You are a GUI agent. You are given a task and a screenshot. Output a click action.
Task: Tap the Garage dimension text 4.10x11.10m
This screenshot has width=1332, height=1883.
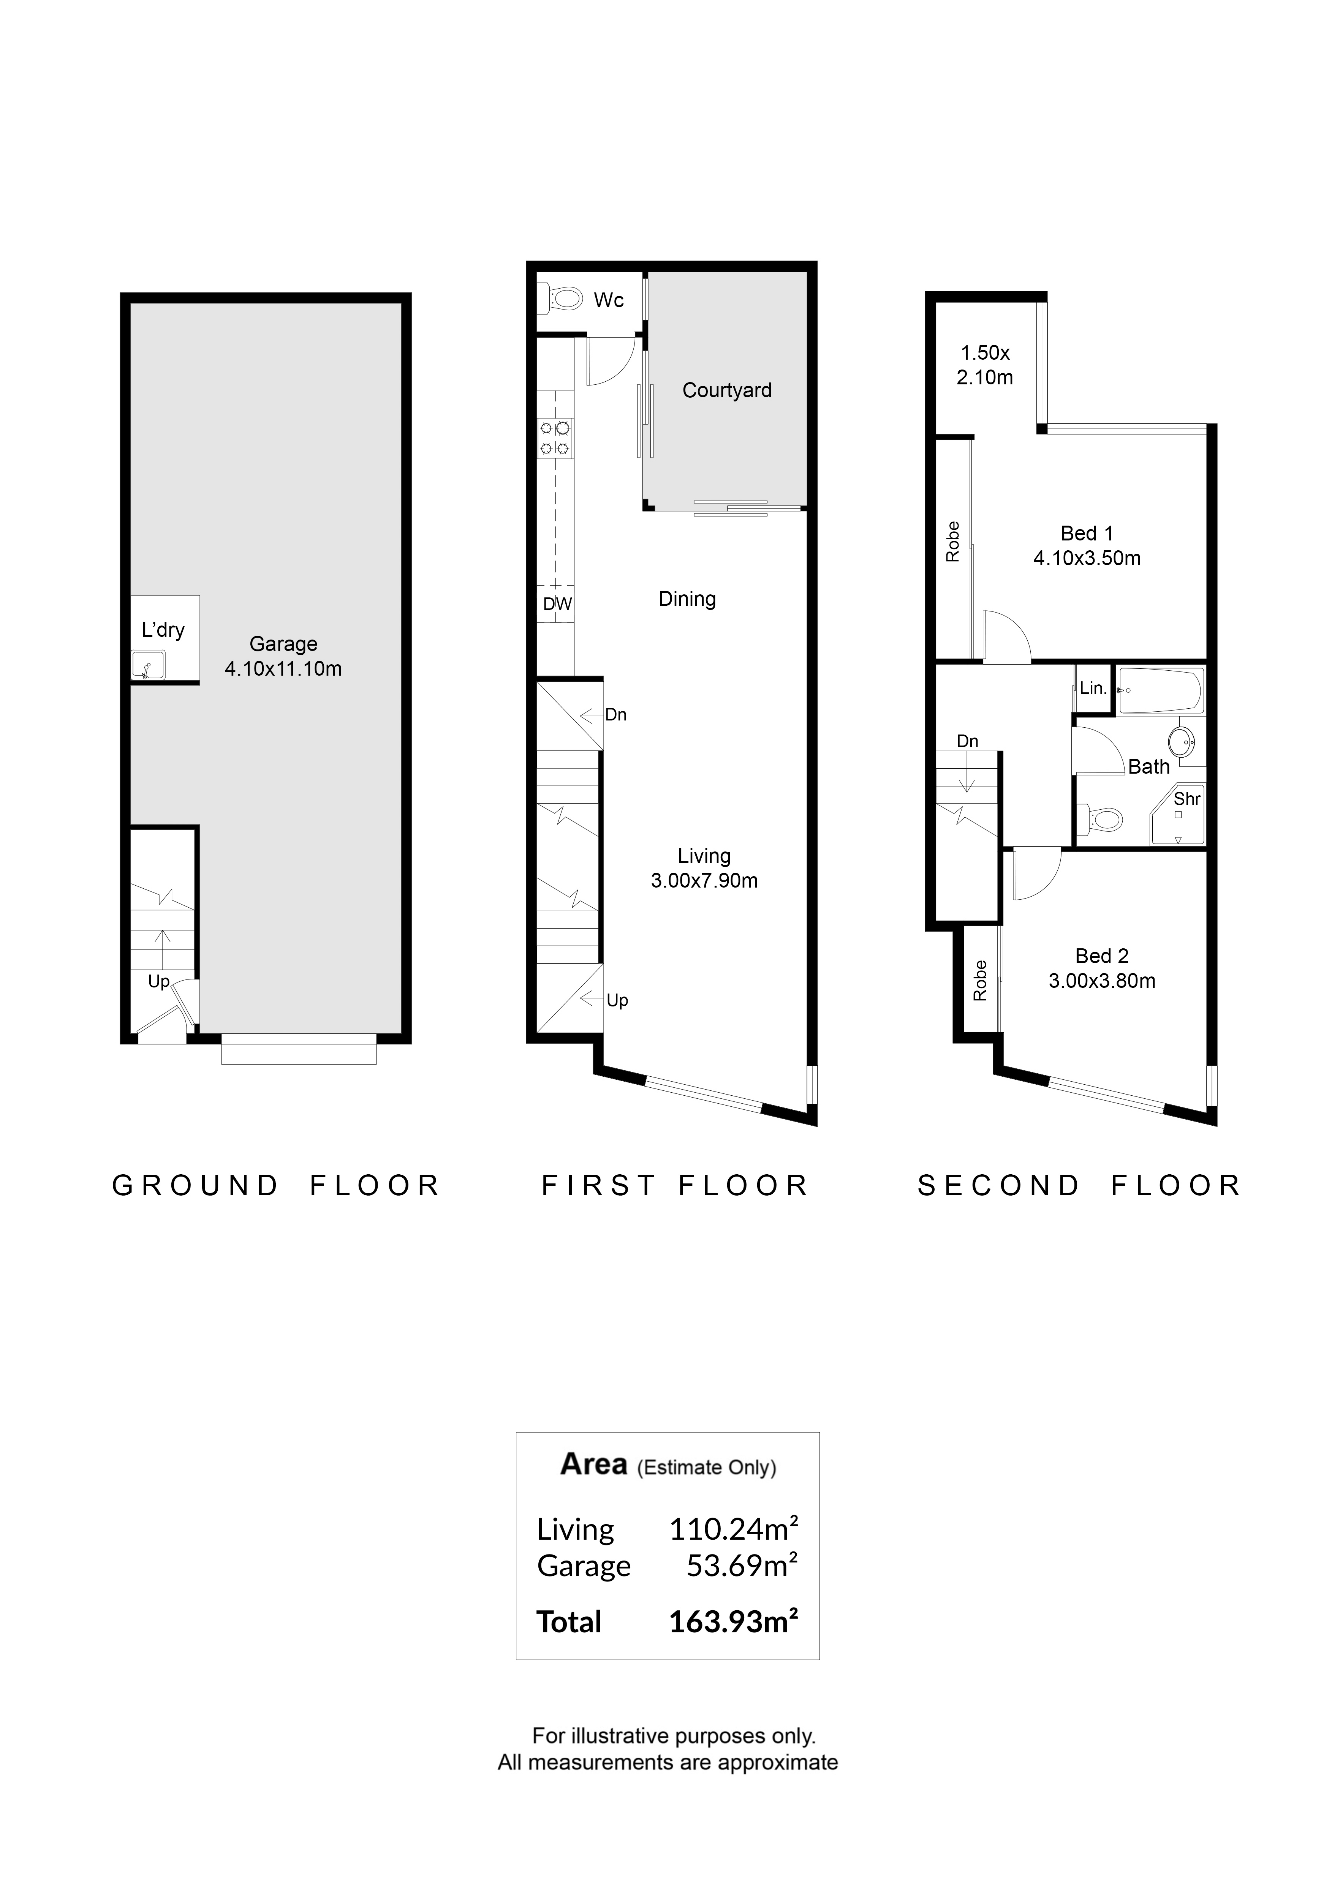coord(283,669)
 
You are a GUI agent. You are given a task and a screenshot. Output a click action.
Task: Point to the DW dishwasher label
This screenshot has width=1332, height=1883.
coord(557,604)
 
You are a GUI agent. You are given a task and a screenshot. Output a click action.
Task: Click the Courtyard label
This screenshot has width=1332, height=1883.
coord(727,390)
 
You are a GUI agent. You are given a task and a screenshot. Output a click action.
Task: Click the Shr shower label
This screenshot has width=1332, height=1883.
coord(1187,799)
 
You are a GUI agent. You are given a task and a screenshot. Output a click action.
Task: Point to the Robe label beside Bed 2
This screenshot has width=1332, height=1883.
coord(979,981)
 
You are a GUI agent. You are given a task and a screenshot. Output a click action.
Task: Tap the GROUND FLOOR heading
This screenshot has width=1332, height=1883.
coord(277,1186)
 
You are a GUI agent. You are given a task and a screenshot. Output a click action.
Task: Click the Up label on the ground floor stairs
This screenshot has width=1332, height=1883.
coord(158,982)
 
